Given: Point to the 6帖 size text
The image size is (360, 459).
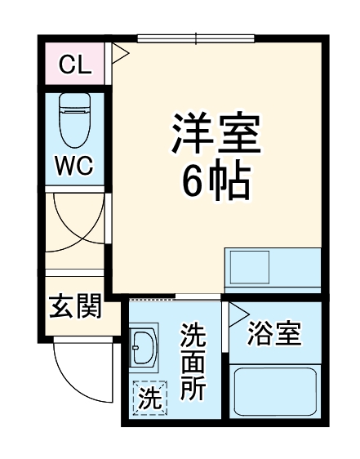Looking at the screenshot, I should [x=215, y=185].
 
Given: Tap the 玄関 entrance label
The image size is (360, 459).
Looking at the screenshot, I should [x=75, y=308].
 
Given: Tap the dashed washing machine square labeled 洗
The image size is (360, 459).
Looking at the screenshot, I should [x=149, y=399].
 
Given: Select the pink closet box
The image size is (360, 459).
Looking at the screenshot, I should [x=74, y=65].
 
